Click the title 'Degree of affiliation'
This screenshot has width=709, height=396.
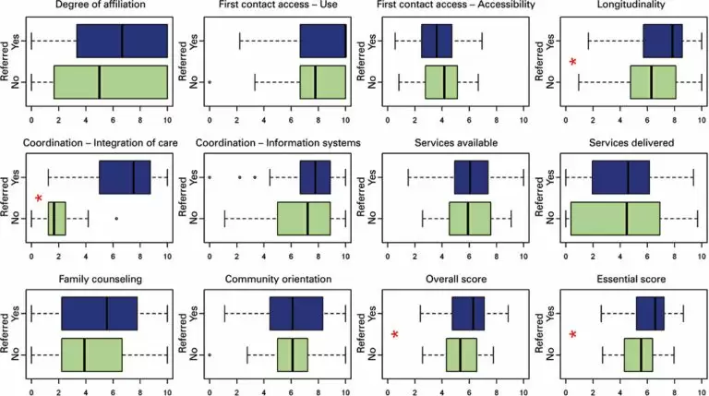[x=99, y=8]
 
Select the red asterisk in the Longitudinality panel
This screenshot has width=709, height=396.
[x=573, y=62]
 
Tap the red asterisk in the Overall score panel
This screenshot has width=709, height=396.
[x=394, y=334]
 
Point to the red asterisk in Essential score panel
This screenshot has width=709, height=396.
[x=573, y=334]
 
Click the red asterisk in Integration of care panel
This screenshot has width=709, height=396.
[x=38, y=198]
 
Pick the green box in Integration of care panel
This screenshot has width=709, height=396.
[x=57, y=219]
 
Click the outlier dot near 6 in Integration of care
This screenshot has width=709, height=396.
[x=116, y=219]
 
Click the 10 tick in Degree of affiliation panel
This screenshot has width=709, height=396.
[x=167, y=119]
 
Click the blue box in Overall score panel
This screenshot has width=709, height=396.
[x=468, y=313]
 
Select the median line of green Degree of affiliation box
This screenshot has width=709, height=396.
[x=99, y=81]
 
